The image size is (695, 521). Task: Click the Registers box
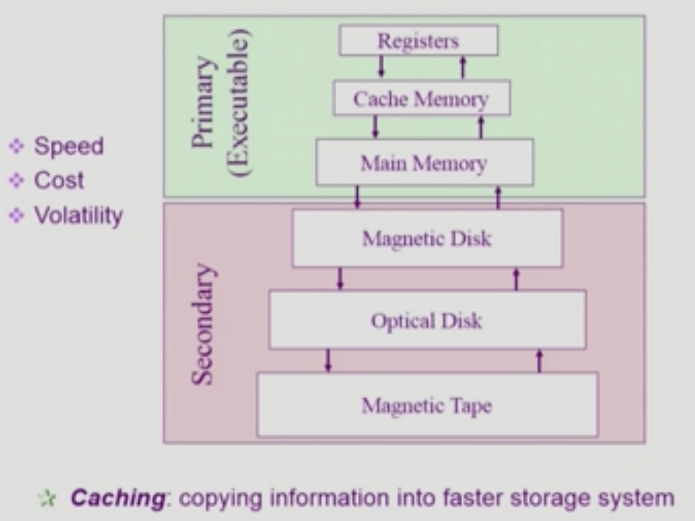pyautogui.click(x=418, y=41)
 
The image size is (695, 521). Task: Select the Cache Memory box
pyautogui.click(x=421, y=99)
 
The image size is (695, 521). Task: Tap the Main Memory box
pyautogui.click(x=424, y=163)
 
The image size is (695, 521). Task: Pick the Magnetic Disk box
pyautogui.click(x=427, y=239)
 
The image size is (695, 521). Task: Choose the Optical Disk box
pyautogui.click(x=427, y=320)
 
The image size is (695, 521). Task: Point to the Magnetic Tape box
pyautogui.click(x=427, y=405)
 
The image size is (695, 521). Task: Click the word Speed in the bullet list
pyautogui.click(x=69, y=146)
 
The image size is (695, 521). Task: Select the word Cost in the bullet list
pyautogui.click(x=59, y=180)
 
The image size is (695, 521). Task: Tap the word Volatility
pyautogui.click(x=78, y=216)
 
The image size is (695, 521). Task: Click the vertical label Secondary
pyautogui.click(x=202, y=325)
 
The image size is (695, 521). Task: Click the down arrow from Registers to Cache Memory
pyautogui.click(x=382, y=67)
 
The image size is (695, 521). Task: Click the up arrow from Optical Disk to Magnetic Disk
pyautogui.click(x=515, y=279)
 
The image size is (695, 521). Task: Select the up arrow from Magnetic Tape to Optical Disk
pyautogui.click(x=539, y=360)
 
